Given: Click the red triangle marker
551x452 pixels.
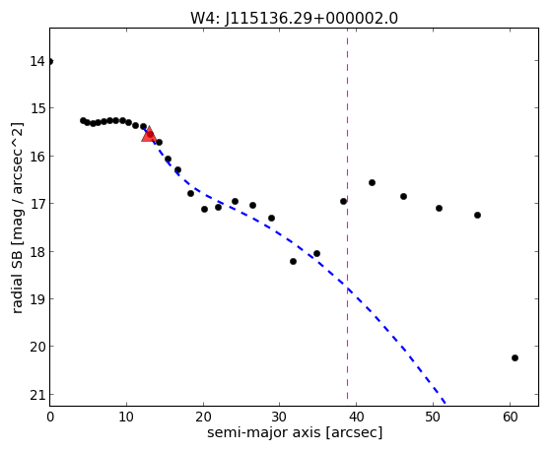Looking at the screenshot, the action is pos(149,134).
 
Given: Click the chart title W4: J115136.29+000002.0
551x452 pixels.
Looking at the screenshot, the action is pos(294,18).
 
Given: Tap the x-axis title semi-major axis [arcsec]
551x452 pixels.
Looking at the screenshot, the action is pos(295,432).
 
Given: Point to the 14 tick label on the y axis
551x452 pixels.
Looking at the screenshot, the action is pos(37,61).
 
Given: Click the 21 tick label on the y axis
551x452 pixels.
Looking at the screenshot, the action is pos(37,395).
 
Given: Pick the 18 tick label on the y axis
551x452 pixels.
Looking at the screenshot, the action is pos(37,252).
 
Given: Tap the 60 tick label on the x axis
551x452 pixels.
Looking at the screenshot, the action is pos(510,417).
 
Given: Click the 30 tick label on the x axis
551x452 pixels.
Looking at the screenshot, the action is pos(280,417).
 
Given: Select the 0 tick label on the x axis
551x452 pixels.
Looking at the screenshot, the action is pos(50,417).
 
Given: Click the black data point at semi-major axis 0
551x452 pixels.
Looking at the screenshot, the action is pos(50,62).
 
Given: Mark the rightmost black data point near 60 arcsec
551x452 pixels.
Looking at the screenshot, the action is pos(515,357).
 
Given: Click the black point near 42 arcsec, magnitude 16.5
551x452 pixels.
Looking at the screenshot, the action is pos(372,182).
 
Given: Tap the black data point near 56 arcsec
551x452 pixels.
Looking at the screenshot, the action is pos(477,215).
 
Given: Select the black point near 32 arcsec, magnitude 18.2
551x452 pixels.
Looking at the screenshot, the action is pos(293,261).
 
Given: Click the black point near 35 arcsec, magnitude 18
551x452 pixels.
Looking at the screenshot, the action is pos(316,253).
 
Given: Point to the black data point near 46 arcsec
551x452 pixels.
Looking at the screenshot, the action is pos(403,196).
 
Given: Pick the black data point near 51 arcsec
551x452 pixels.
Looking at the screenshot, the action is pos(439,208).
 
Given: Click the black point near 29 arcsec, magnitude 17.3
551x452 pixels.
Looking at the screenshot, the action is pos(271,218).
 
